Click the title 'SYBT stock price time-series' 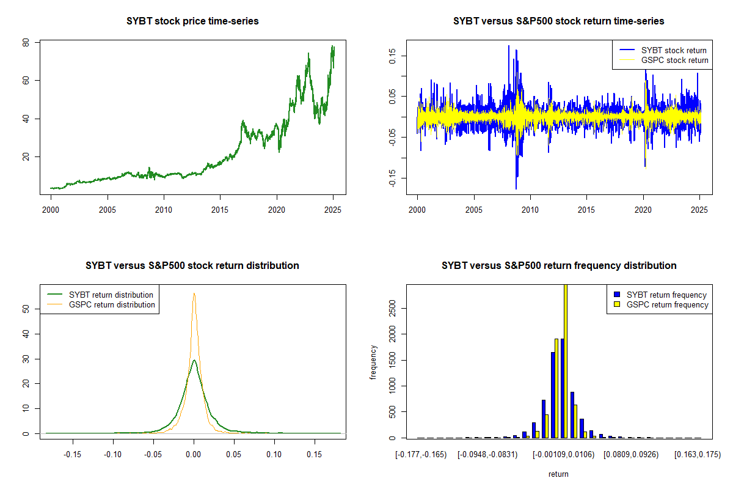pos(192,21)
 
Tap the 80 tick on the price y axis pos(26,43)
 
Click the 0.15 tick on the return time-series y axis pos(393,56)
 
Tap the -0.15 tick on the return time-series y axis pos(393,178)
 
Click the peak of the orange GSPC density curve pos(194,293)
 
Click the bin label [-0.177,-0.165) pos(421,455)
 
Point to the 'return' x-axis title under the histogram pos(558,474)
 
